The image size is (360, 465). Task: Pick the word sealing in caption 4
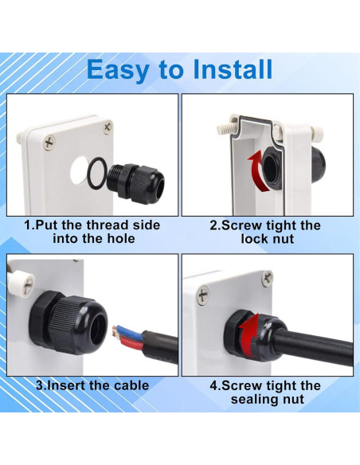[x=253, y=399]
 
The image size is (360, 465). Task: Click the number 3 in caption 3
[x=38, y=386]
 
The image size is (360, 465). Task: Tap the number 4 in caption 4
[x=213, y=386]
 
